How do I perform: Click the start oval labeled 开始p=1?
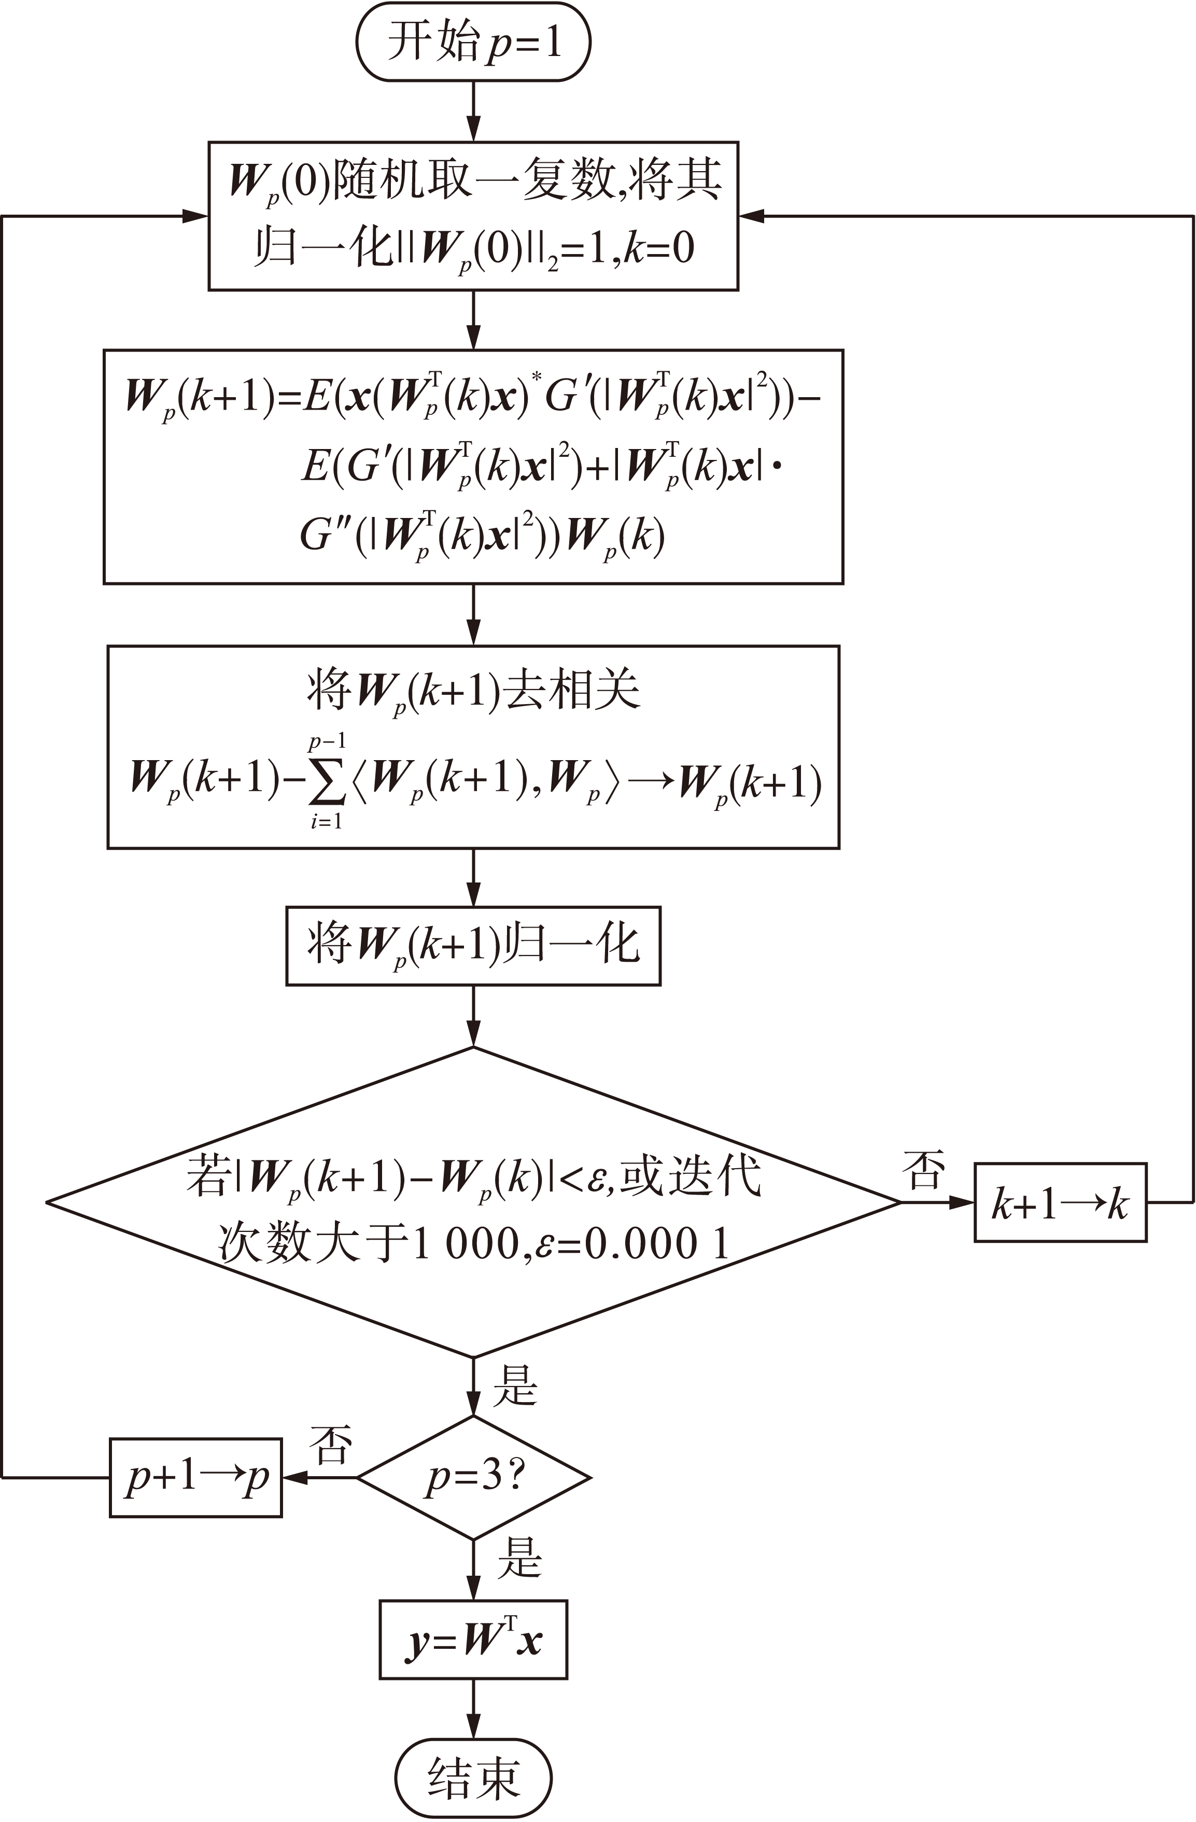click(x=474, y=41)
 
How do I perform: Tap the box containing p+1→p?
click(x=196, y=1478)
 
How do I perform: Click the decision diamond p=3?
click(x=474, y=1478)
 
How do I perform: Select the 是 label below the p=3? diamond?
click(x=519, y=1557)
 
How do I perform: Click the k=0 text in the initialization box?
click(x=659, y=249)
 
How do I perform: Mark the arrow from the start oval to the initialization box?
click(x=474, y=111)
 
